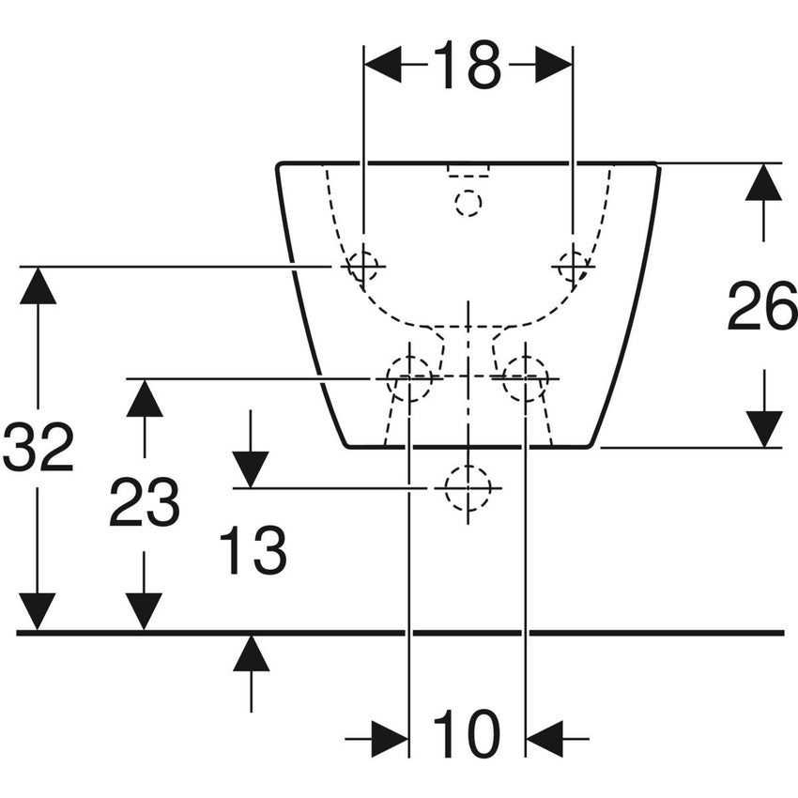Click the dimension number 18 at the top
coord(468,65)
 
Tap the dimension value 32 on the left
coord(38,446)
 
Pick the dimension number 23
coord(144,502)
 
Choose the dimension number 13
coord(253,551)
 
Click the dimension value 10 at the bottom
coord(467,734)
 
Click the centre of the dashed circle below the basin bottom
coord(468,488)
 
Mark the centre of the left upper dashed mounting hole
coord(363,267)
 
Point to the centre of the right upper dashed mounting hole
coord(573,267)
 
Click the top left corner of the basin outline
coord(276,164)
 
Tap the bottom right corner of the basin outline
coord(590,447)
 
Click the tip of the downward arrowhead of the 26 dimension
coord(764,447)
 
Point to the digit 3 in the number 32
coord(21,446)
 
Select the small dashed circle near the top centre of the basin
coord(468,203)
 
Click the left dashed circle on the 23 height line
coord(409,378)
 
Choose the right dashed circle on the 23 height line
coord(526,378)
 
